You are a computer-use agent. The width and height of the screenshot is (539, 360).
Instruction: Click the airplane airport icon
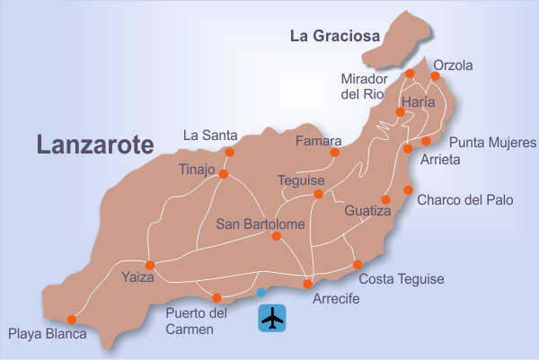[x=271, y=318]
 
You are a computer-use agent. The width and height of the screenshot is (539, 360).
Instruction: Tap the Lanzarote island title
[x=95, y=145]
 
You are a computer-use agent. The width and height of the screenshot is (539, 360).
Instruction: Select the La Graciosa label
[x=334, y=37]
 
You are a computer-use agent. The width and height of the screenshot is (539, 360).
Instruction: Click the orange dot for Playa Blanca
[x=72, y=319]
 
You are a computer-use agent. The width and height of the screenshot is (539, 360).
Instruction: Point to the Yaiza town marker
[x=150, y=265]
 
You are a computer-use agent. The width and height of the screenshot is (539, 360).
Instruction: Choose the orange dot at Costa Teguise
[x=358, y=264]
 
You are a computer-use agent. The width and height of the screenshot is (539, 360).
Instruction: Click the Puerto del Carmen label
[x=197, y=321]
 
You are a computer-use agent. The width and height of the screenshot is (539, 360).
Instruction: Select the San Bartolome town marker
[x=277, y=236]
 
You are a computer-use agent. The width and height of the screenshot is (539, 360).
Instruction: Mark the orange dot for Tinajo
[x=223, y=174]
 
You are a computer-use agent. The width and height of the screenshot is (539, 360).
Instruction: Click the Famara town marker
[x=334, y=153]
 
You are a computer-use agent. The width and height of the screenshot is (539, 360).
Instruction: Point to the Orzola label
[x=453, y=66]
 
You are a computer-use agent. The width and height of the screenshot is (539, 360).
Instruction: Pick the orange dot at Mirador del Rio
[x=410, y=73]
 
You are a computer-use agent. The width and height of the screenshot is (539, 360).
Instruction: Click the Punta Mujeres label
[x=491, y=142]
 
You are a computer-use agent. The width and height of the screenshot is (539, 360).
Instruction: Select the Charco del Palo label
[x=465, y=200]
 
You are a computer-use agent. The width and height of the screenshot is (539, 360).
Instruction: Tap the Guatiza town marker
[x=385, y=199]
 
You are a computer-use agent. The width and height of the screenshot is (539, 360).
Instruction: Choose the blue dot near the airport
[x=261, y=293]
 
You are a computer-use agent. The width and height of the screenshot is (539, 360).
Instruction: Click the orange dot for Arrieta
[x=408, y=148]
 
